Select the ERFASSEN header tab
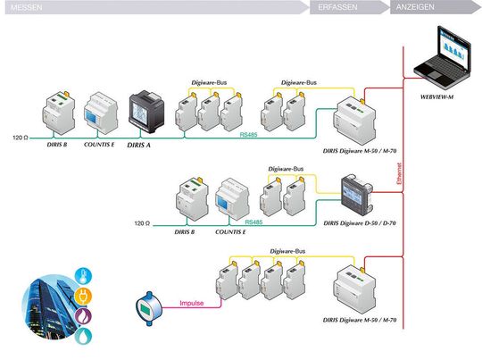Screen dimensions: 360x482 pos(337,5)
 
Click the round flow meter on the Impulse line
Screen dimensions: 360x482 pos(145,306)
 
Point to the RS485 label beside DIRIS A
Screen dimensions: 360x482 pos(249,135)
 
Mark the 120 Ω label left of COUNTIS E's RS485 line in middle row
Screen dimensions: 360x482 pos(144,222)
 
